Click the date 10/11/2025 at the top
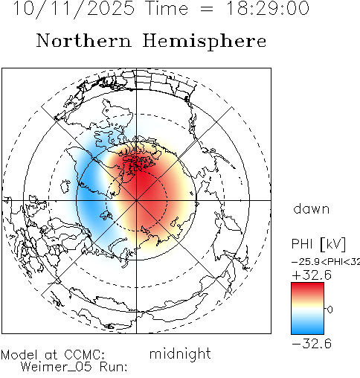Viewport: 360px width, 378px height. pos(74,9)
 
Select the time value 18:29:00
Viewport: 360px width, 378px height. pos(268,8)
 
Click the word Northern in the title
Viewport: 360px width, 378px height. pos(84,41)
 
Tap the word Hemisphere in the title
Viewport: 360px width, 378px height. pos(205,41)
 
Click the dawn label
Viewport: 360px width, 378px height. pos(312,209)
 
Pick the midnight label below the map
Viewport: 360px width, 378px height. pos(180,354)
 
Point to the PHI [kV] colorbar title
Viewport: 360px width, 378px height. pos(318,244)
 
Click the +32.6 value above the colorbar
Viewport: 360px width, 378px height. pos(312,275)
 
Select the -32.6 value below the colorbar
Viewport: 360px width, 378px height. pos(312,344)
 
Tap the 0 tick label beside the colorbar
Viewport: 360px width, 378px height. pos(330,310)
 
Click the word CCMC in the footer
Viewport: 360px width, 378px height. pos(84,355)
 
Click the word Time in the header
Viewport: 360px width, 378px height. pos(167,8)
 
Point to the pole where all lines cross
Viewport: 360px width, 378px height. pos(136,200)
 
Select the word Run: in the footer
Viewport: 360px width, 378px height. pos(114,367)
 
